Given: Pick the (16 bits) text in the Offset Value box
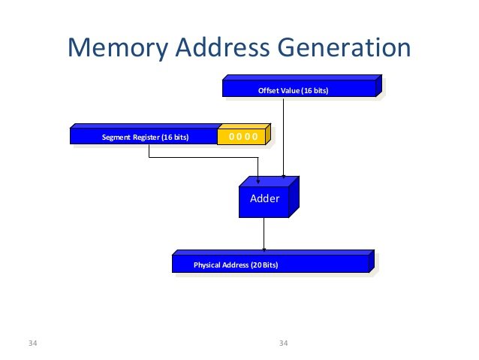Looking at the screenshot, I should coord(315,91).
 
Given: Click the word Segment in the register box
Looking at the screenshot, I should coord(116,138).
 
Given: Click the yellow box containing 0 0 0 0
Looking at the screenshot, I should coord(243,136).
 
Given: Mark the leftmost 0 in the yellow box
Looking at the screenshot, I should coord(232,137).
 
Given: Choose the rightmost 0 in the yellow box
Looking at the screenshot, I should coord(255,137).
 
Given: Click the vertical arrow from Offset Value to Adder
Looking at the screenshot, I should coord(283,135).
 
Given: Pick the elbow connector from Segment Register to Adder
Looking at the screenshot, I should coord(203,158).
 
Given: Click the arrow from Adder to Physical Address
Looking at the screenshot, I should coord(264,234).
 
